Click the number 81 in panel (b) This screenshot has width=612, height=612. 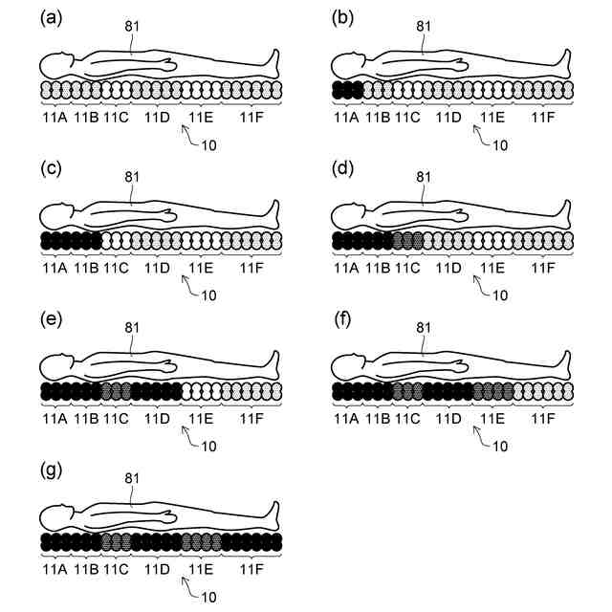tap(424, 25)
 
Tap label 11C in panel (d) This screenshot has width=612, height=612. tap(407, 268)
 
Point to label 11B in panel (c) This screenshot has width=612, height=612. tap(86, 268)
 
